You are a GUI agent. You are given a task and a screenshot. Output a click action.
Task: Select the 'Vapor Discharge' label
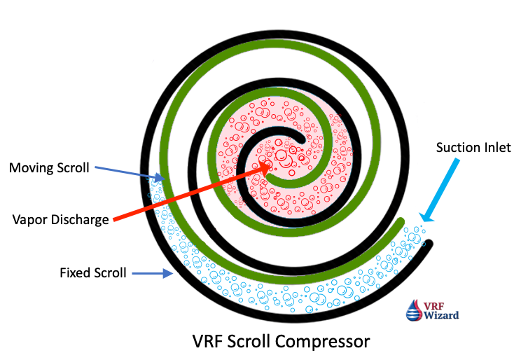point(61,219)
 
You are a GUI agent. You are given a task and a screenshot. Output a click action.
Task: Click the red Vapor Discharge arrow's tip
point(271,163)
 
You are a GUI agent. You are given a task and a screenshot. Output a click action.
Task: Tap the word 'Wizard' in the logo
point(443,315)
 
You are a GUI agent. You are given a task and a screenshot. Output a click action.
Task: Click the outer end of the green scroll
point(401,223)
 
